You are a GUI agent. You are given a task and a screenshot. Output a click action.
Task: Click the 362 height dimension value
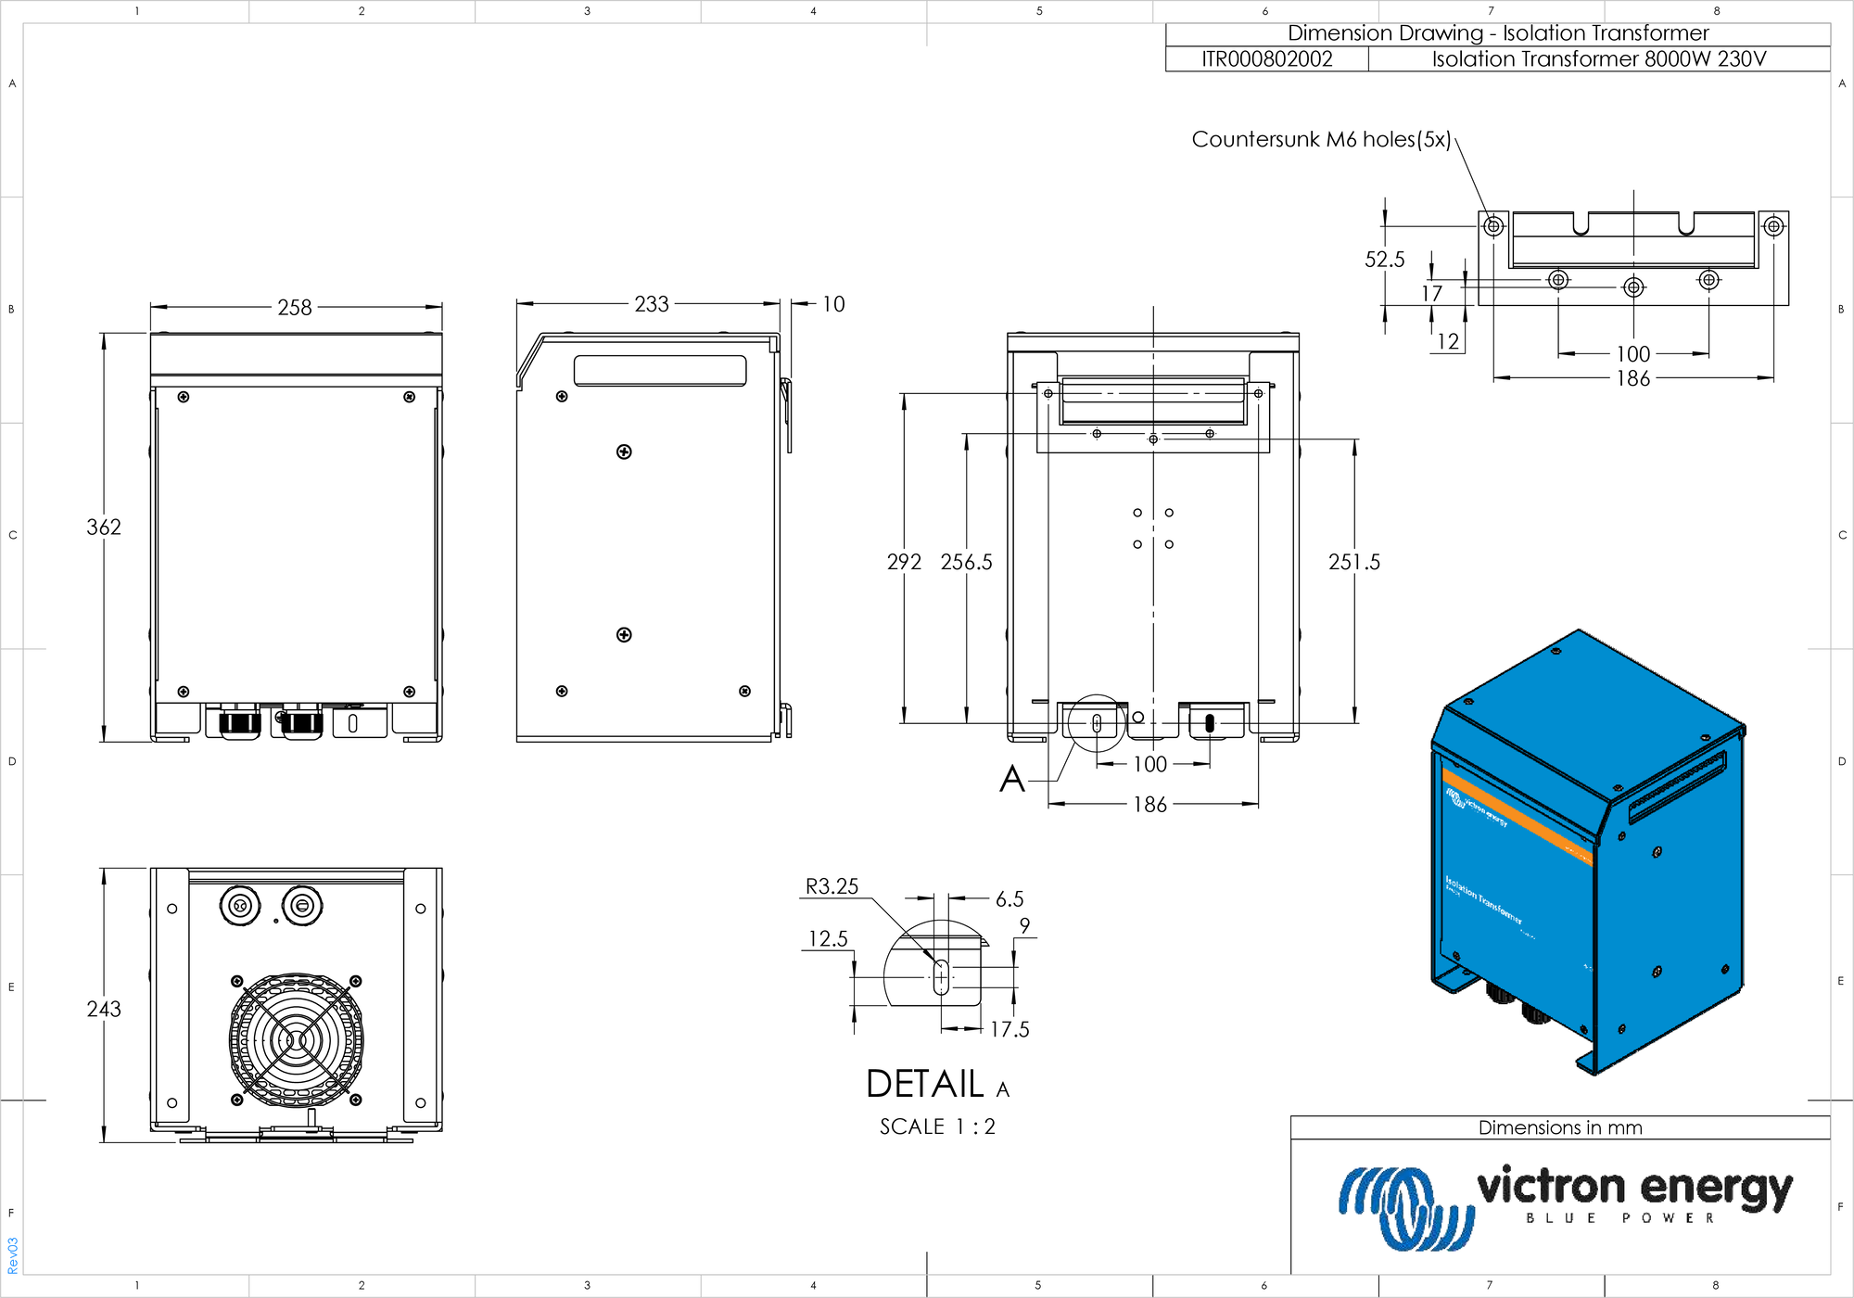(x=104, y=527)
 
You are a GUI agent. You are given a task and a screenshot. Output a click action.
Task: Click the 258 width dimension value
(x=295, y=307)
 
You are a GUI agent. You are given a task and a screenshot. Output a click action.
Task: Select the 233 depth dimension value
(x=651, y=304)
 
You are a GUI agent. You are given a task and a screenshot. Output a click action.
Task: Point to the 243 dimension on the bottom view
(x=104, y=1009)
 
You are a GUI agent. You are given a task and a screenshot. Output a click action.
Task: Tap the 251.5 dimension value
(x=1353, y=562)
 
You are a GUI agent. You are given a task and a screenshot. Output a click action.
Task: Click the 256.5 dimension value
(x=966, y=562)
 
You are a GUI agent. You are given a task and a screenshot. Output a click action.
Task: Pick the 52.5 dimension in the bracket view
(x=1384, y=260)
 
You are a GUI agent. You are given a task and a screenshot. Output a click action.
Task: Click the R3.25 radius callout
(x=832, y=886)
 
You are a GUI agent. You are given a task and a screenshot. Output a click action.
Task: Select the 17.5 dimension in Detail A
(x=1010, y=1029)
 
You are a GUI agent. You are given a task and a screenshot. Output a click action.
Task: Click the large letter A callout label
(x=1012, y=779)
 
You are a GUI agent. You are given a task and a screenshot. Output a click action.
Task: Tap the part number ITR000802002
(x=1266, y=59)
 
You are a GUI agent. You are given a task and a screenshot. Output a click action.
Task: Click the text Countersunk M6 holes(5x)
(x=1321, y=139)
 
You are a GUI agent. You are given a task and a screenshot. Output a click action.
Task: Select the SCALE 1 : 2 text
(x=937, y=1126)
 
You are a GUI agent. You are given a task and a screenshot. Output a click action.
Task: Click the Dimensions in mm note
(x=1560, y=1127)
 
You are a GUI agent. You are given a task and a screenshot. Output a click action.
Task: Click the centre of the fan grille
(x=296, y=1040)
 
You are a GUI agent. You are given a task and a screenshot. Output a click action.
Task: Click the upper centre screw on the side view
(x=624, y=452)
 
